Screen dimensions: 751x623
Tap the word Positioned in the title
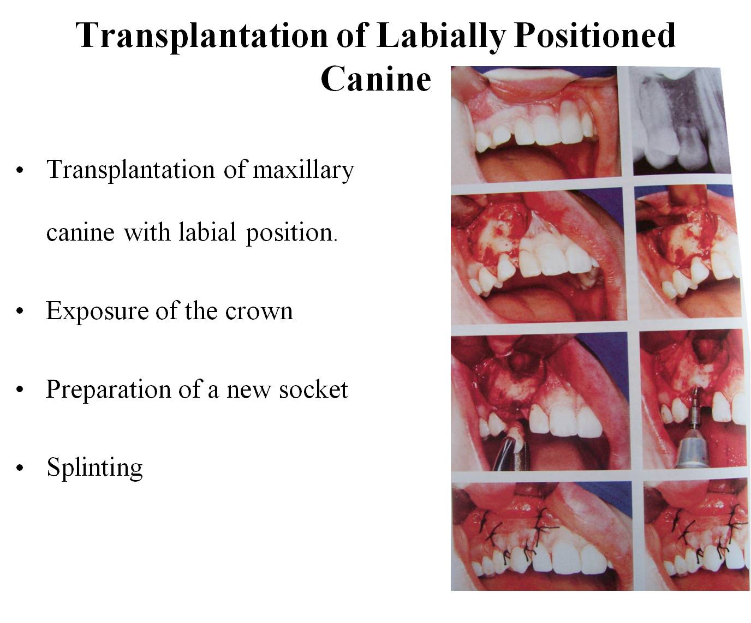(595, 35)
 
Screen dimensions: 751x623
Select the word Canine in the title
(376, 79)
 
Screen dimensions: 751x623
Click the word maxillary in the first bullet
(303, 170)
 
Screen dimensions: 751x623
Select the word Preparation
(109, 390)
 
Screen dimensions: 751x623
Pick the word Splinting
(95, 468)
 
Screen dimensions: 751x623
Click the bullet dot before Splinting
(20, 468)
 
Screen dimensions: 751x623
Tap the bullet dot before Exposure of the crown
(20, 311)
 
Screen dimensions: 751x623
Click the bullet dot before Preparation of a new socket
(20, 390)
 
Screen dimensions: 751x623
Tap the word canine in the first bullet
(81, 233)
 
